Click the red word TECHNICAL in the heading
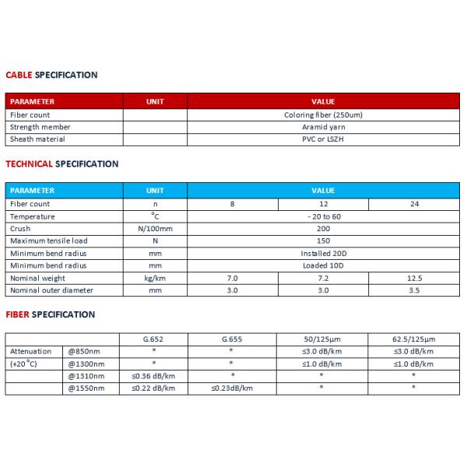pos(29,164)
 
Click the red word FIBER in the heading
pos(18,314)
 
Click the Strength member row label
pos(40,127)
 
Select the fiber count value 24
pos(413,204)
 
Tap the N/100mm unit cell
pos(155,229)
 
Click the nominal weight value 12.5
pos(413,278)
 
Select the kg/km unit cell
pos(155,278)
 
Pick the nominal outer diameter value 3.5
pos(413,290)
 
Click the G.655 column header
pos(232,339)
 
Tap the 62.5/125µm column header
pos(413,339)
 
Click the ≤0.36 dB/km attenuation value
pos(154,376)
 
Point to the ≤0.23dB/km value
pos(232,388)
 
